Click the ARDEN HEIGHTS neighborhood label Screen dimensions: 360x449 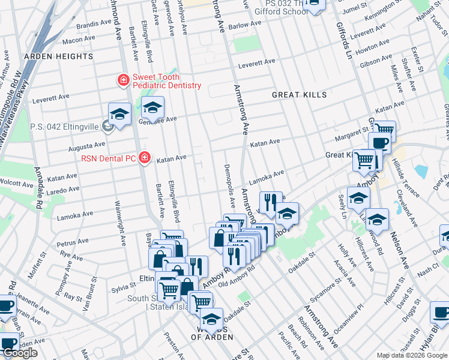(x=58, y=56)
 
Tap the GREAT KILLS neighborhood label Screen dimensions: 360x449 (x=299, y=95)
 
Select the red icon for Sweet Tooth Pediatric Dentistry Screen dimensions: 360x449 (x=123, y=80)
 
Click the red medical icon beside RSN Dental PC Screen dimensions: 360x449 (x=144, y=158)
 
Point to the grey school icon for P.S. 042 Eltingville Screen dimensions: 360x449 (x=107, y=127)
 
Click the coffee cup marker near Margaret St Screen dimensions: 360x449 (x=379, y=143)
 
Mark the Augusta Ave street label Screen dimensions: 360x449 (x=87, y=145)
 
